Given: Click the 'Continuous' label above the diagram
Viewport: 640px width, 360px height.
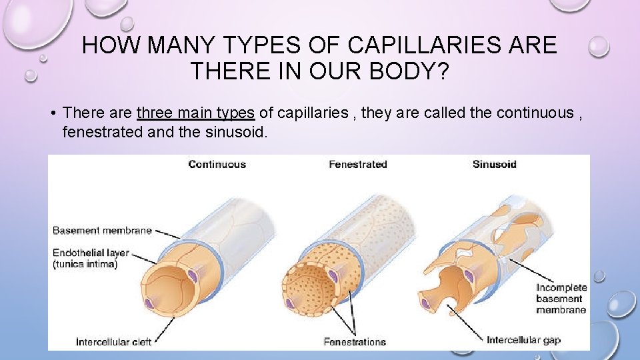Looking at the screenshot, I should coord(217,164).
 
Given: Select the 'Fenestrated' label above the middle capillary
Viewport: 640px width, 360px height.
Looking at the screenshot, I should coord(357,164).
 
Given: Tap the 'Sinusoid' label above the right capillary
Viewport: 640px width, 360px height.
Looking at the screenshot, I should coord(494,164).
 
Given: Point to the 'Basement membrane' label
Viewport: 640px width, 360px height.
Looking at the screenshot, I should coord(102,231).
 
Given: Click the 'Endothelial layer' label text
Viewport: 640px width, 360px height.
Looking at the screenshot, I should coord(91,254).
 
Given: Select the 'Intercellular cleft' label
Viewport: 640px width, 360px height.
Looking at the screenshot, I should coord(113,342).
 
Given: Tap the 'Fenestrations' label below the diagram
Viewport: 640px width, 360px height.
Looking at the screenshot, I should coord(355,342).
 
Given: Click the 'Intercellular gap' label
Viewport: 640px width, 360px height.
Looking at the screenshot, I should coord(523,340).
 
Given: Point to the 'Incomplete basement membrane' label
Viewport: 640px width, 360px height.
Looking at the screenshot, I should coord(561,299).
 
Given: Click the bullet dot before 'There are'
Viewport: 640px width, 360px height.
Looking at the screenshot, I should coord(52,113).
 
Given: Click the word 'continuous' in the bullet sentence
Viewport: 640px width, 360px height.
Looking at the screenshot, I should coord(533,113).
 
